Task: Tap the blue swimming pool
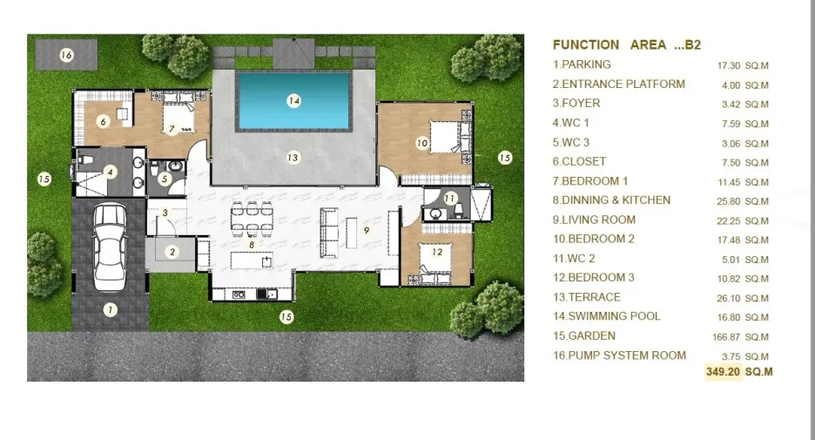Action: click(x=293, y=101)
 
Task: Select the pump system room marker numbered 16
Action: click(x=66, y=55)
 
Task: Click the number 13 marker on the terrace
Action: click(x=293, y=157)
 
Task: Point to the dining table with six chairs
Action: click(x=252, y=219)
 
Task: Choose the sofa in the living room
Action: click(x=329, y=233)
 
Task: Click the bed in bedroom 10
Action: click(x=446, y=137)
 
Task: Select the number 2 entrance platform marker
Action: click(x=172, y=253)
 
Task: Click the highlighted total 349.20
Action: click(x=723, y=372)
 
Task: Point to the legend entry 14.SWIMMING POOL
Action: click(x=606, y=316)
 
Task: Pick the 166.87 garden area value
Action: click(x=726, y=337)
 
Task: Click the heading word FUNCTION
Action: click(x=586, y=44)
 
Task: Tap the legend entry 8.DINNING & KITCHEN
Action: click(x=611, y=200)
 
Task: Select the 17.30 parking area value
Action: click(x=728, y=65)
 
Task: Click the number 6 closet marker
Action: click(x=103, y=122)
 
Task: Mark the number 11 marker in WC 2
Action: click(x=449, y=198)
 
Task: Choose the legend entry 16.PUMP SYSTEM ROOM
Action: click(x=619, y=355)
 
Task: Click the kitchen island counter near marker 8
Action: click(x=252, y=261)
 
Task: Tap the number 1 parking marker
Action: click(x=110, y=310)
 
